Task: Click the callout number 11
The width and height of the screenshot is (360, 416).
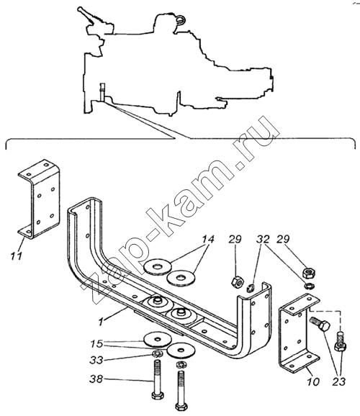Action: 16,256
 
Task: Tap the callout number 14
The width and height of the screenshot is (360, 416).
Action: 207,239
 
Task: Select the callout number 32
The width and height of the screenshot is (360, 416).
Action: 263,239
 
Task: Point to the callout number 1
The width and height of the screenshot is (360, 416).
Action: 101,322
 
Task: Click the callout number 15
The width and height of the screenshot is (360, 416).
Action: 96,344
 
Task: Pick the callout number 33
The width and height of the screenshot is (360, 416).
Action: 96,360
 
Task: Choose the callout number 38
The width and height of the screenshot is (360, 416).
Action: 96,379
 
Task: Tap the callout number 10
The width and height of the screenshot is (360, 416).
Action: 312,381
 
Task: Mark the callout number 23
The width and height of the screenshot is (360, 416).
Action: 339,381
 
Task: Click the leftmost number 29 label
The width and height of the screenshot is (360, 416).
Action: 235,239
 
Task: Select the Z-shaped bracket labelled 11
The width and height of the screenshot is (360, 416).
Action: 39,198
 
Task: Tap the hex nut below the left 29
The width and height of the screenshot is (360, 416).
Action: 236,281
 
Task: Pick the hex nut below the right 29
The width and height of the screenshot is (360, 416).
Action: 309,273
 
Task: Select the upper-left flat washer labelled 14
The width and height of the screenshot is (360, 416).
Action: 157,266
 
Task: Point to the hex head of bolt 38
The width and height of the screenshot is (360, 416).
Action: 158,395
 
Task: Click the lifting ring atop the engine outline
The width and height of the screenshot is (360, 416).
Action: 180,19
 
